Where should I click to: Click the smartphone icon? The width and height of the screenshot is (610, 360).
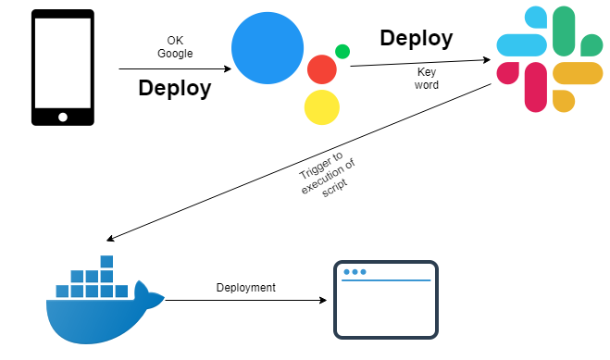point(63,67)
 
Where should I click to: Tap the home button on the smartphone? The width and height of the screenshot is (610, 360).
point(63,117)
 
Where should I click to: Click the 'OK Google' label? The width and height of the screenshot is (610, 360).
point(175,46)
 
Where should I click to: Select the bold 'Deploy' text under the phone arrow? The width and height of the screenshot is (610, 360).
point(174,89)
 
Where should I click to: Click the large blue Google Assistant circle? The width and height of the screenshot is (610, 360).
point(268,47)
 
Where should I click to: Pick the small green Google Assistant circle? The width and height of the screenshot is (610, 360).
point(342,52)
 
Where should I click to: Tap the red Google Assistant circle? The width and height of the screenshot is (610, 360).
point(321,69)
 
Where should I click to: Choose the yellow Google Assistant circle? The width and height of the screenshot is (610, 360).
point(321,107)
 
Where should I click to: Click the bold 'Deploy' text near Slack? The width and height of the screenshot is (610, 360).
point(416,38)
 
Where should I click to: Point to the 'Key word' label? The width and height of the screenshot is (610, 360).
point(428,78)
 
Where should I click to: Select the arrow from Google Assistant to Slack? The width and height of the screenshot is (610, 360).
point(420,62)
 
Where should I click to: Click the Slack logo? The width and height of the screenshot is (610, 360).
point(549,59)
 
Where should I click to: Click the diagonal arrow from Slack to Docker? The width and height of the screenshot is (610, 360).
point(296,159)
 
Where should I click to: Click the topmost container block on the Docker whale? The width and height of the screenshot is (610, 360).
point(106,262)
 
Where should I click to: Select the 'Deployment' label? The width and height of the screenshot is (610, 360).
point(245,288)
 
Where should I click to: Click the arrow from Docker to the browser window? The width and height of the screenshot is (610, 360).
point(245,301)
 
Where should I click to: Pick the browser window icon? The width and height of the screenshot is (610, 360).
point(385,300)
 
